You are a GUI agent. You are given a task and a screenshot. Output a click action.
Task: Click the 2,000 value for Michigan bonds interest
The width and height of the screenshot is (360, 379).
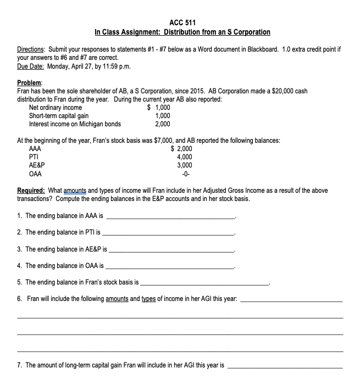tap(162, 124)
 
